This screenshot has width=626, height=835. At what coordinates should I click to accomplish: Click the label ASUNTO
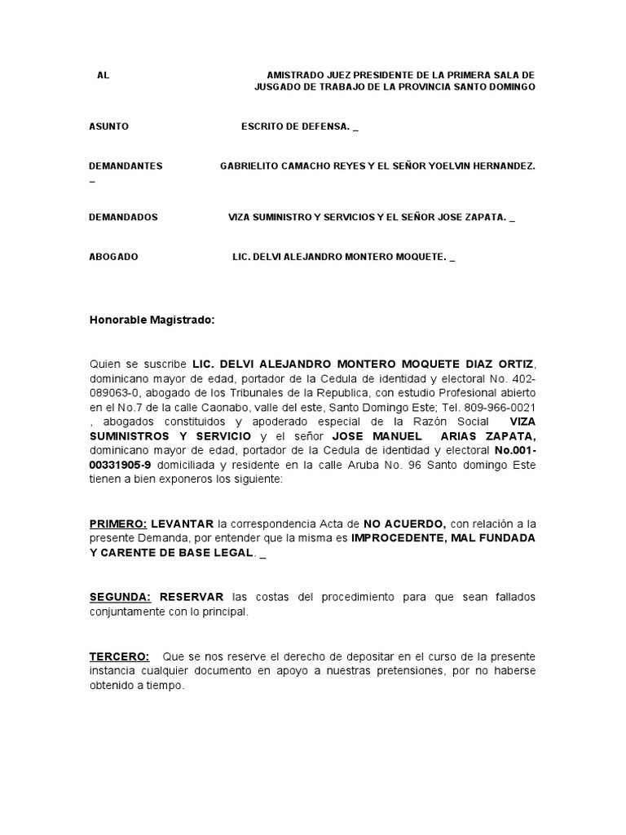108,126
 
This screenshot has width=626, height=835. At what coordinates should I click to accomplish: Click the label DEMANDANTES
126,166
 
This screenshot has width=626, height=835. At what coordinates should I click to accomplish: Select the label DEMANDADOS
123,218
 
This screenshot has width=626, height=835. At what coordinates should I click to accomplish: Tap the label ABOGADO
113,257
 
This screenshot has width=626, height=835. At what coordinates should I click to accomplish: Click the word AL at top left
103,75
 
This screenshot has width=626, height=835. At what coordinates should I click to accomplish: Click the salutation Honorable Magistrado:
152,320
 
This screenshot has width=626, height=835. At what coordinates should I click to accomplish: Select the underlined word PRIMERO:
118,524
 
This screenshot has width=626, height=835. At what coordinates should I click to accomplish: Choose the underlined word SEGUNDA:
121,597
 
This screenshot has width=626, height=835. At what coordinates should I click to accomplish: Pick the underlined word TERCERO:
119,656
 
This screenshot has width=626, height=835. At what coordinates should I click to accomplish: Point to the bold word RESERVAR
192,597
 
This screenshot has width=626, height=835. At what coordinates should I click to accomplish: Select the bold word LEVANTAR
183,524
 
